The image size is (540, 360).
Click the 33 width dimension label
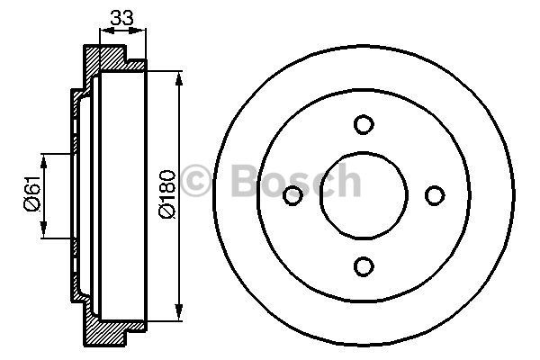(x=121, y=18)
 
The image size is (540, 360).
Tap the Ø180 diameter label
(x=167, y=194)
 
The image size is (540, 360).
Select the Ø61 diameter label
(x=31, y=193)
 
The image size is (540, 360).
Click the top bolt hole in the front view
(x=364, y=124)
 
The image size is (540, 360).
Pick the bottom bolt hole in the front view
(x=364, y=266)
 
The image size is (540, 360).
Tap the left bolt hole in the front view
(x=292, y=195)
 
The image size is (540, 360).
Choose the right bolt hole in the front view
(x=435, y=195)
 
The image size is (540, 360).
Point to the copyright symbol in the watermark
(x=195, y=180)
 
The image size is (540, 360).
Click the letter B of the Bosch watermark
(x=245, y=180)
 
